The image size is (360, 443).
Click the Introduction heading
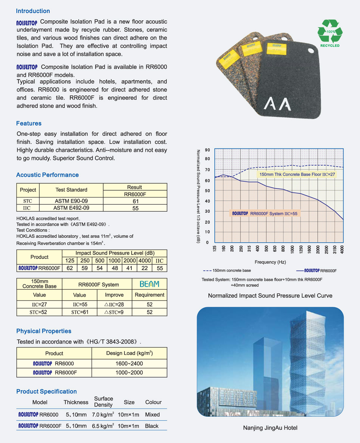pos(33,11)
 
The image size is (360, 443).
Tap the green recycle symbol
pos(330,31)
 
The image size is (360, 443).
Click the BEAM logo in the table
pos(150,284)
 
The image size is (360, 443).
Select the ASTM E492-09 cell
pos(71,208)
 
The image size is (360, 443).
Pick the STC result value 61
pos(135,201)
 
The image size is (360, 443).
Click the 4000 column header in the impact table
pos(144,261)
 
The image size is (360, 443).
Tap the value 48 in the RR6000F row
pos(115,268)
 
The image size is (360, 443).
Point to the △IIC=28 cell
pos(114,305)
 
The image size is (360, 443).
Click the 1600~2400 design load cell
pos(129,363)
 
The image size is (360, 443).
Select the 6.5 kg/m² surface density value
pos(103,426)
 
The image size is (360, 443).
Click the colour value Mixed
pos(152,415)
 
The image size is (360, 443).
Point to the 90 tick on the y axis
pos(207,150)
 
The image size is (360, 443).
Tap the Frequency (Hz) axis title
pos(270,262)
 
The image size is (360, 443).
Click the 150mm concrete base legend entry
pos(227,270)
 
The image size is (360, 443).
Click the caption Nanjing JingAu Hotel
pos(270,428)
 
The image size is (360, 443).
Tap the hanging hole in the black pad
pos(311,50)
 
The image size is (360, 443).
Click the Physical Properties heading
pos(44,331)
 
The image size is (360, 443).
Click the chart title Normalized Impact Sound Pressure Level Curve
pos(270,296)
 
